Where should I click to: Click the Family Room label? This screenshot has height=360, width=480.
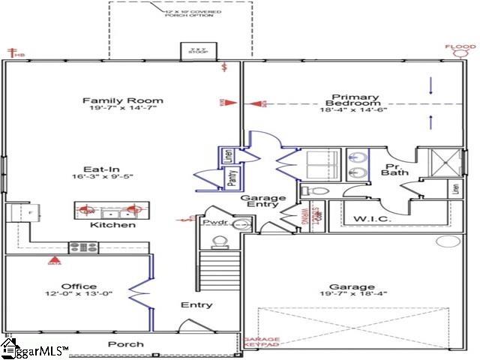pos(123,100)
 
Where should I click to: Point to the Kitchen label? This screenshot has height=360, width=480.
pos(113,225)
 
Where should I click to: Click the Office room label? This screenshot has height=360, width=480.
pos(79,286)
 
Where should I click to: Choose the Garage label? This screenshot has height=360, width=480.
pos(352,287)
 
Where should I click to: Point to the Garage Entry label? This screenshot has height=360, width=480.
pos(262,202)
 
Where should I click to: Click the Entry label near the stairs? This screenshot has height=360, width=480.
pos(196,305)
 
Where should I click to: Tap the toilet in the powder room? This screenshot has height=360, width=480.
pos(220,241)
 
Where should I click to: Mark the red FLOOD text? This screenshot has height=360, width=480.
pos(460,47)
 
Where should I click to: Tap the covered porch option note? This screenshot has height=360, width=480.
pos(190,13)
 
